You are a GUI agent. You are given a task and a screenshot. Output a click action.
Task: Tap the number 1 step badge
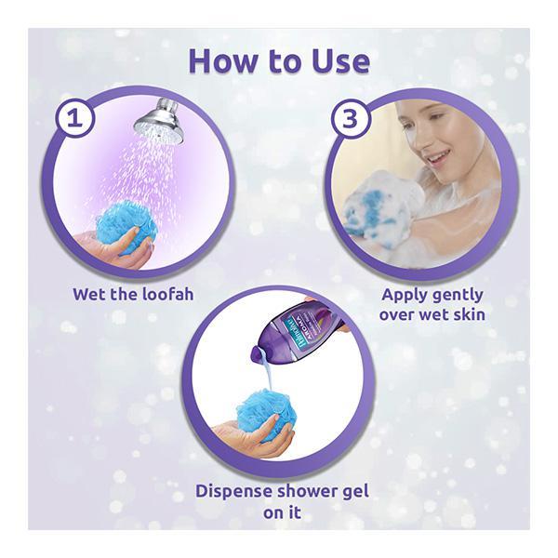point(74,118)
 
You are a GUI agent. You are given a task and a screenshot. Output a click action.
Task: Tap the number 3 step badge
point(350,118)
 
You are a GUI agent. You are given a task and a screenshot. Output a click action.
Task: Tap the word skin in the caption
point(470,314)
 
